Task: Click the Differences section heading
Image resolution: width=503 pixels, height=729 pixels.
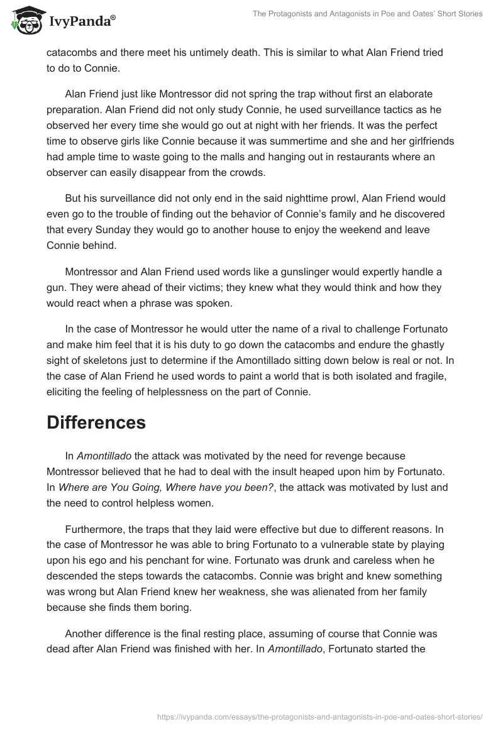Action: tap(96, 422)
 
